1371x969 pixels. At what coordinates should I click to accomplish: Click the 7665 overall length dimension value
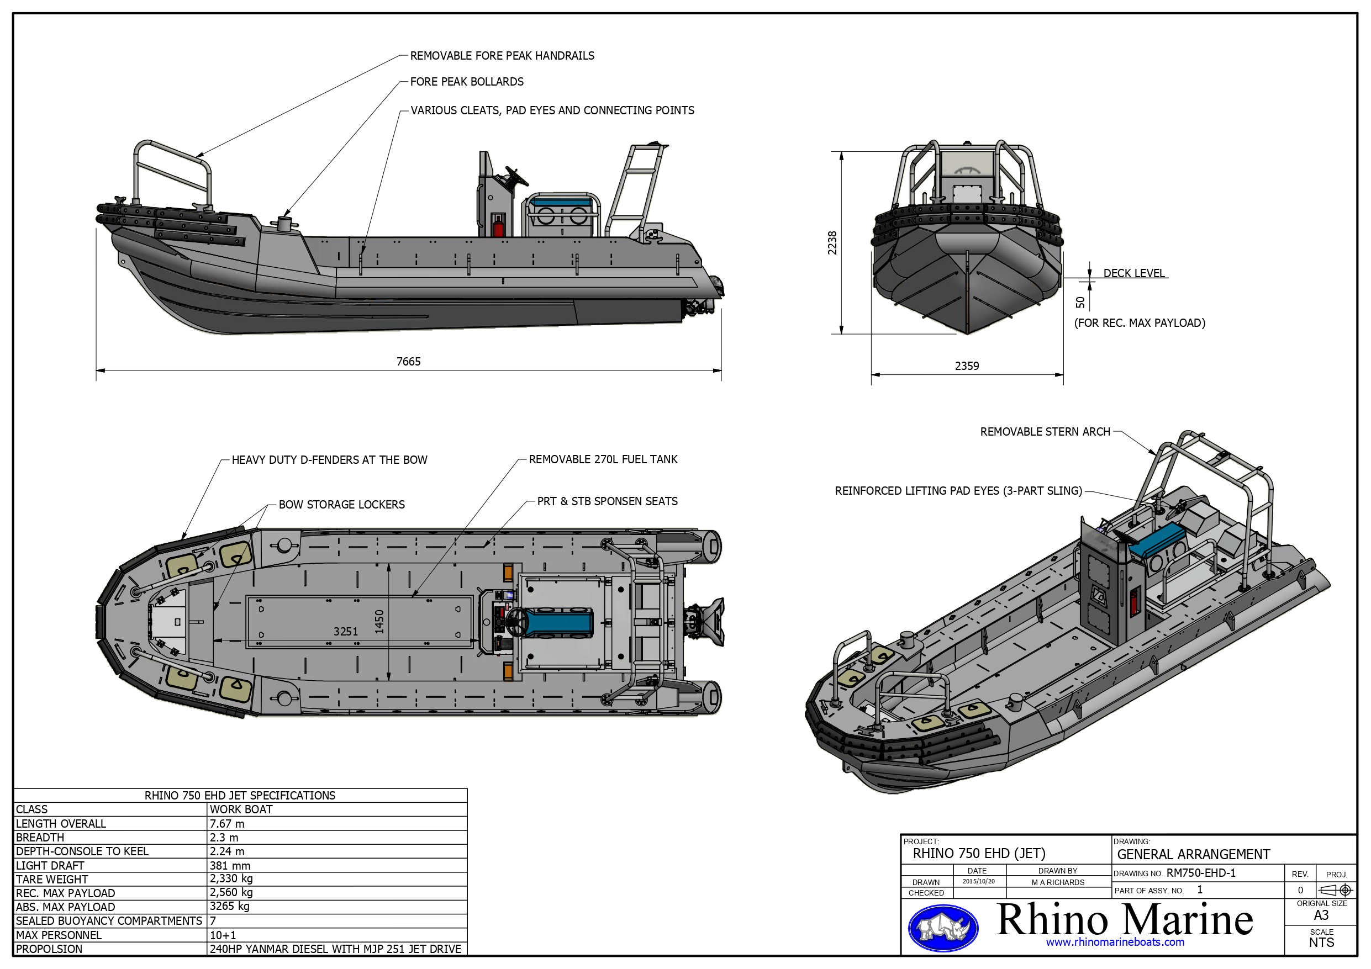[408, 362]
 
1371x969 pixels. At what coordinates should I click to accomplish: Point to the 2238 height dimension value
[832, 243]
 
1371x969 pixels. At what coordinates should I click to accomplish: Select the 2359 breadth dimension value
[967, 366]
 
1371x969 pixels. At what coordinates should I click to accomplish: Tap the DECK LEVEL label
[1133, 273]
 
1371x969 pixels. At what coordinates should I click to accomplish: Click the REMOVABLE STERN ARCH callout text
[1045, 432]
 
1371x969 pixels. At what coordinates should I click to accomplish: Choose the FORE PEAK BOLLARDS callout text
[466, 82]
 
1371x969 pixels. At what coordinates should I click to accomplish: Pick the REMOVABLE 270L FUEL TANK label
[603, 459]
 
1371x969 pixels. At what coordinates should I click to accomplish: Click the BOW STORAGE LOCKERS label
[341, 505]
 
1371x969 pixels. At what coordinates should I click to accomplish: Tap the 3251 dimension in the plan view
[346, 631]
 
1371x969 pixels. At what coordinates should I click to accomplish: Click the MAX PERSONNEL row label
[59, 935]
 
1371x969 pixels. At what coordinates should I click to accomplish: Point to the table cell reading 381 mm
[230, 865]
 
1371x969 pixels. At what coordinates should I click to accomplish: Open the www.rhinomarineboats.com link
[1115, 942]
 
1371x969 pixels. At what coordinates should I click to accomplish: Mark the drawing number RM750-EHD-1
[1201, 873]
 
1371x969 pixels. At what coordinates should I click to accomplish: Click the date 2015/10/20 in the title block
[979, 881]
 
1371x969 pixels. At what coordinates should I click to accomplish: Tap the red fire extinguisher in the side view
[497, 226]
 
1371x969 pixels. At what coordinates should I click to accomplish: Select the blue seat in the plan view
[560, 623]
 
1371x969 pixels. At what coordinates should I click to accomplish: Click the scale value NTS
[1321, 942]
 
